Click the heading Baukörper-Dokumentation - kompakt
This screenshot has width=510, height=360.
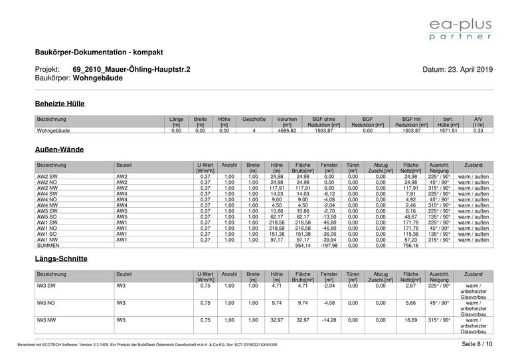coord(98,52)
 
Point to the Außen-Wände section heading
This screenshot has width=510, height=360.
coord(59,150)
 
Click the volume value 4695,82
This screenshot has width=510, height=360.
coord(288,131)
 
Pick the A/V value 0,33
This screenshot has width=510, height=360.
coord(478,131)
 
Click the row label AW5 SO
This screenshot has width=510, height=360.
coord(47,217)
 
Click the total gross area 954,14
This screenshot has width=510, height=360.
coord(302,245)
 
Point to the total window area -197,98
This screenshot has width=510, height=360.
coord(329,245)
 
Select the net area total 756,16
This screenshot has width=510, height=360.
coord(410,245)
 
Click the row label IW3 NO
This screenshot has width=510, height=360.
coord(47,302)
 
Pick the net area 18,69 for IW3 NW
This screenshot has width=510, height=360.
coord(410,319)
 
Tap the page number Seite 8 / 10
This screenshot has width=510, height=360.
coord(477,343)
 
